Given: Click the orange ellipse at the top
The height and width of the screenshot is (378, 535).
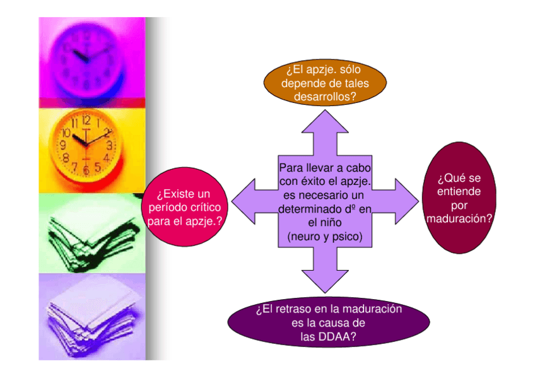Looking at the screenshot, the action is pyautogui.click(x=324, y=83).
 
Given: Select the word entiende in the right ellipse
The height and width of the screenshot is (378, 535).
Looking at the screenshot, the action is pyautogui.click(x=459, y=191).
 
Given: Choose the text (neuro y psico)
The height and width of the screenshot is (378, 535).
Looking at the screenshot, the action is pyautogui.click(x=324, y=237).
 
